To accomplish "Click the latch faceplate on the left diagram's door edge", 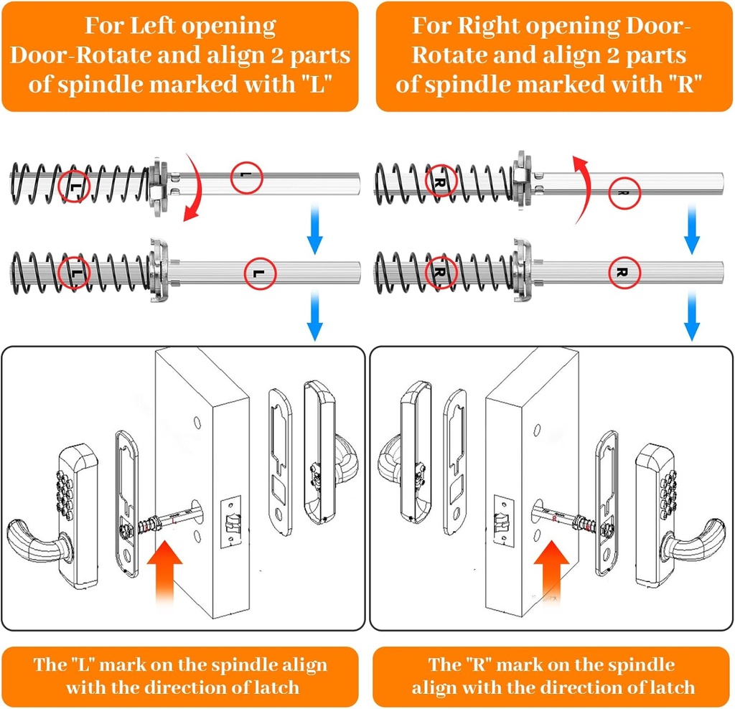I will coord(232,525).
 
